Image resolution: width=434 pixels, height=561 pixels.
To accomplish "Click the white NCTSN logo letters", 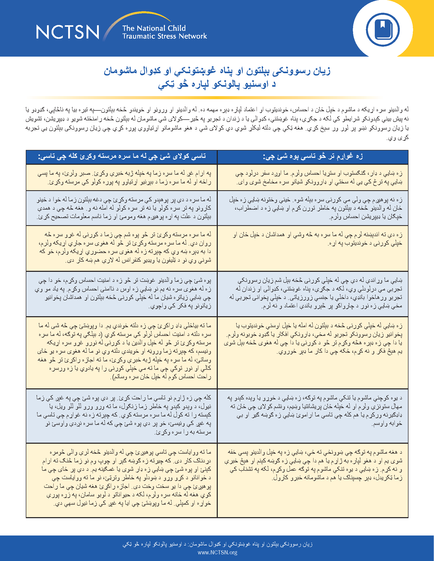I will (x=67, y=32).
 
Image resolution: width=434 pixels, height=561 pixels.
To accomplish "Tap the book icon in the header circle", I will (x=383, y=30).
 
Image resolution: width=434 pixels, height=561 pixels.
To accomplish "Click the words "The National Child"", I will (x=154, y=28).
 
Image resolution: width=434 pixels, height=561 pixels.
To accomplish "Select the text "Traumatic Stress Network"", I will (x=165, y=36).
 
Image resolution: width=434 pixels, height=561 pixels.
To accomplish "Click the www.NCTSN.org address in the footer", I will (x=217, y=552).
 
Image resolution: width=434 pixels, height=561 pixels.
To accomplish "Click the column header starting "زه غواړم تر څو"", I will (x=313, y=157).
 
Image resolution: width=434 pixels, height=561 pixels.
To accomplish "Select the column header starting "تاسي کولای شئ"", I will (x=122, y=157).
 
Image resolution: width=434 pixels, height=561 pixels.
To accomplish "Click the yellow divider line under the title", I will (x=206, y=98).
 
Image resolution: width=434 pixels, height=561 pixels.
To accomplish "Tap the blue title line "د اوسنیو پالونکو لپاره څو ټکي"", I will (x=217, y=84).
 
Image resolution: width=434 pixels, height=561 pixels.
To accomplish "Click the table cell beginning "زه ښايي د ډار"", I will (x=313, y=177).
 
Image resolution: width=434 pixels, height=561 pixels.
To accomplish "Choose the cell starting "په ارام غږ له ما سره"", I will (x=122, y=177).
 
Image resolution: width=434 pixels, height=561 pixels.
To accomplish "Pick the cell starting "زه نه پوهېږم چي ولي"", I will (x=313, y=208).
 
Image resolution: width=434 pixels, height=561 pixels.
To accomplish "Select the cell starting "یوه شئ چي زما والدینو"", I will (x=122, y=293).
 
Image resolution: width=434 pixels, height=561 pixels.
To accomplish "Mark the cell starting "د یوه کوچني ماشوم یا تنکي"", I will (x=313, y=411).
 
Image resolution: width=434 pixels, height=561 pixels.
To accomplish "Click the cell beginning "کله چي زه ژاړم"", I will (x=122, y=415).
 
